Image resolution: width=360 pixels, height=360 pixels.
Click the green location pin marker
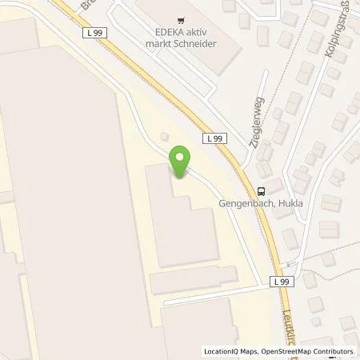(181, 162)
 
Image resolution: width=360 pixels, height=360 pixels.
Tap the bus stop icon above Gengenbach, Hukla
(262, 190)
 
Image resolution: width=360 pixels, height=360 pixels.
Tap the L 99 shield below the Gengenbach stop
(279, 282)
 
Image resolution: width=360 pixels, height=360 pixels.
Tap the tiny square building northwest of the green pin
(165, 137)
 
